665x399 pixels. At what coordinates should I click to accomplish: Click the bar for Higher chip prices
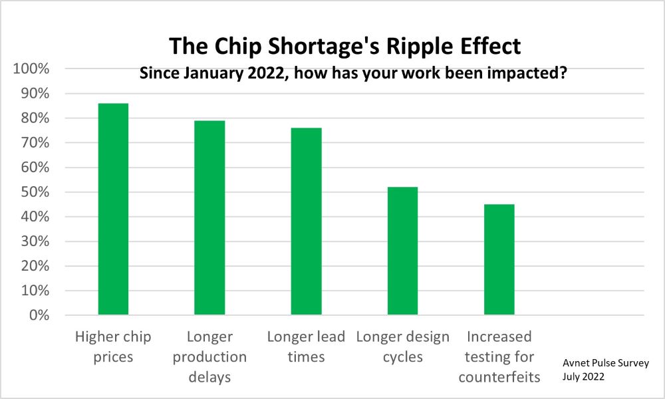(113, 209)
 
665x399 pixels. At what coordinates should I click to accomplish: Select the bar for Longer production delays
(209, 218)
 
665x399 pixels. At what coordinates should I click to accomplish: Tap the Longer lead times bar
(306, 221)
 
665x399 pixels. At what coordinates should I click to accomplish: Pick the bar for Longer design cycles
(402, 251)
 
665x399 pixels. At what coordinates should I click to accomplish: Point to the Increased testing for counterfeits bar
(499, 259)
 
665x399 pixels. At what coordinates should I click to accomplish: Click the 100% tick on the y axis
(31, 68)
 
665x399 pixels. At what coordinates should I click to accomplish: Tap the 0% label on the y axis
(39, 315)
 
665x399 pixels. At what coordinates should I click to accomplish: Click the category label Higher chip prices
(113, 347)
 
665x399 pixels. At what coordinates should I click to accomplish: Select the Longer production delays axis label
(209, 356)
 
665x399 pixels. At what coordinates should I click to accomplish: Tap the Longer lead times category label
(306, 347)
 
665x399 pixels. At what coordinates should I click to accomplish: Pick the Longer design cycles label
(402, 347)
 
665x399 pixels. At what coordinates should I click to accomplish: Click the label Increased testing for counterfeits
(499, 356)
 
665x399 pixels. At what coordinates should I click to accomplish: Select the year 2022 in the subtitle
(265, 73)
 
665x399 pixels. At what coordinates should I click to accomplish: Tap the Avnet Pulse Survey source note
(606, 363)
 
